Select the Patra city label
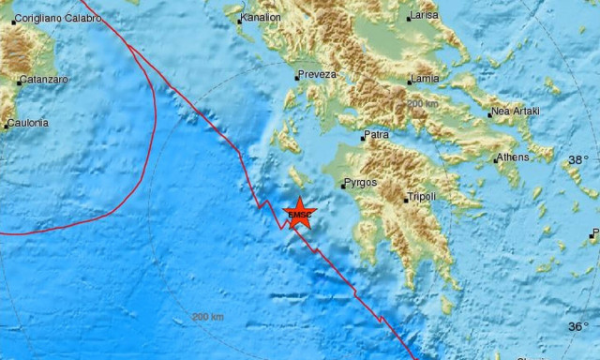point(378,136)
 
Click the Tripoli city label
point(422,198)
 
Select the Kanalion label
point(262,17)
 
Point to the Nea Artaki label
point(516,112)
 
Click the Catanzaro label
point(44,80)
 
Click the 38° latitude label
point(578,160)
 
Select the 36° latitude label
point(578,326)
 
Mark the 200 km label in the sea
point(206,317)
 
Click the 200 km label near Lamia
point(422,103)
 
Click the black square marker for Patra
point(363,138)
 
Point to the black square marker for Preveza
point(296,76)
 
